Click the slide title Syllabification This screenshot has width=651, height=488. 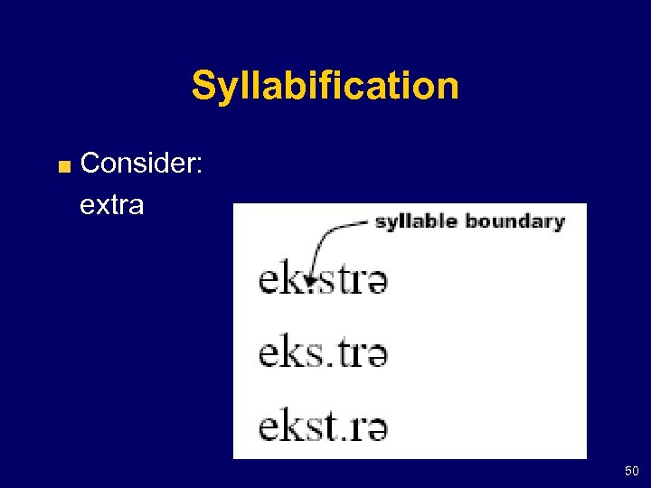(x=325, y=87)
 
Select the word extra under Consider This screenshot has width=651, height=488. (x=111, y=205)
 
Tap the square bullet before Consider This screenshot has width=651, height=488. (x=62, y=165)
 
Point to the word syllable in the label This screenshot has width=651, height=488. (x=416, y=221)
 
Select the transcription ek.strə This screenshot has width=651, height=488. (x=323, y=281)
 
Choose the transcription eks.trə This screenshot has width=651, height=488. (x=323, y=353)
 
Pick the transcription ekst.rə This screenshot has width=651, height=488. (x=323, y=425)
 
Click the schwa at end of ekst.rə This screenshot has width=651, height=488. (x=377, y=427)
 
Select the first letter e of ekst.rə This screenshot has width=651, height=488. (x=269, y=427)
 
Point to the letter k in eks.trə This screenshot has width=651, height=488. (x=292, y=352)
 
